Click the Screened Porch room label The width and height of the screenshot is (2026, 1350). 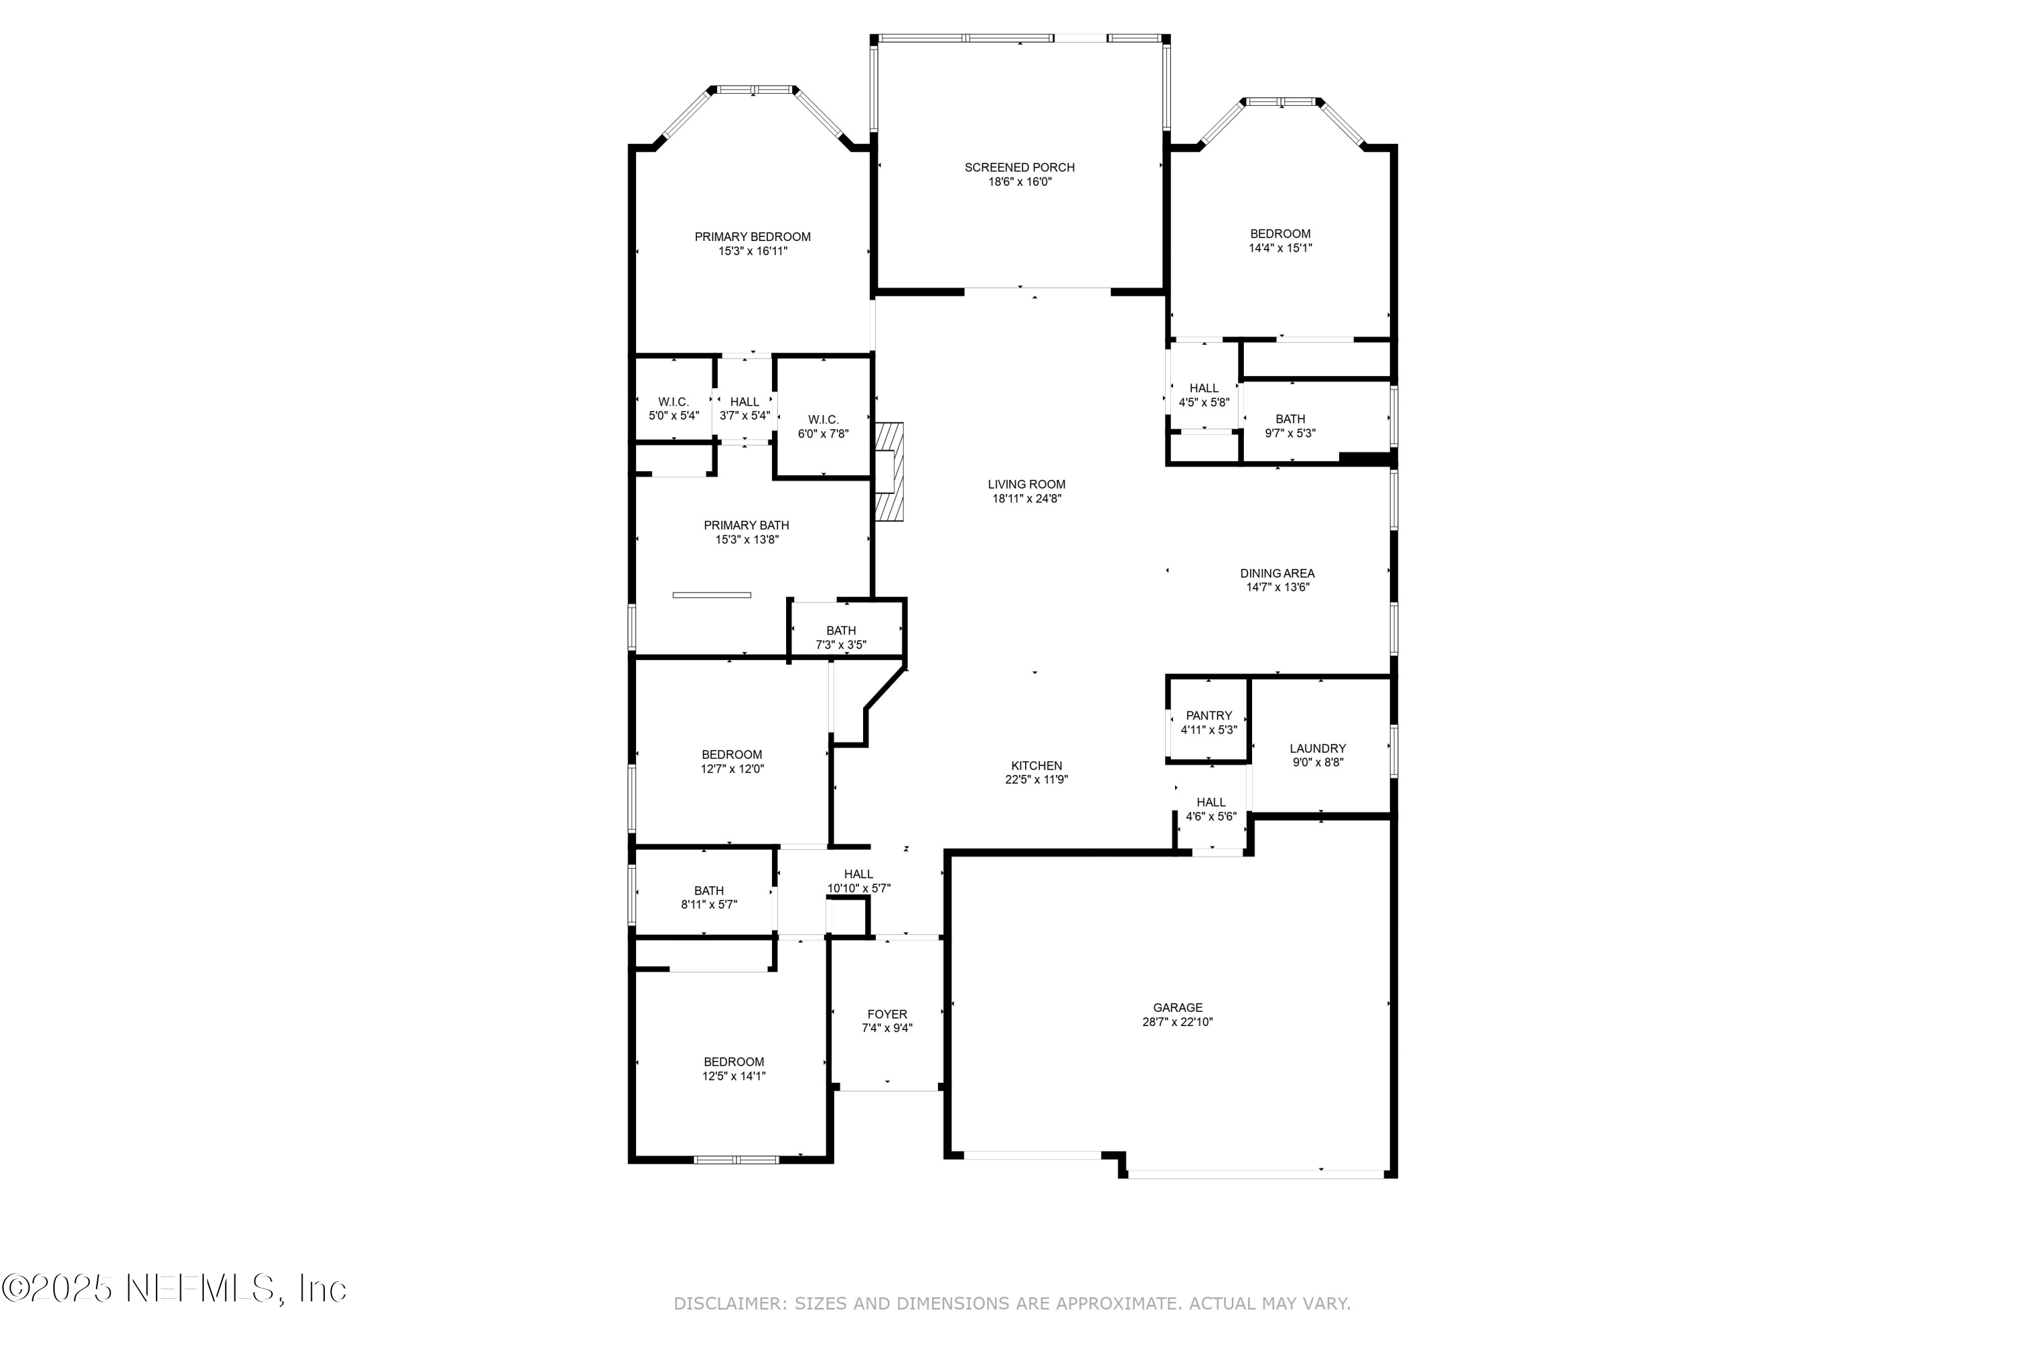1019,167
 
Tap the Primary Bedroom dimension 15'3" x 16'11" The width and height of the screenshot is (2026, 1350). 752,251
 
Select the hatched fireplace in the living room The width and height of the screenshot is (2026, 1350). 889,471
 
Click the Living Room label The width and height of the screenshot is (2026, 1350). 1026,484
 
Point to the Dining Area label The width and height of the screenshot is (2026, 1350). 1276,573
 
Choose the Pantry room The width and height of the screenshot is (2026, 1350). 1209,722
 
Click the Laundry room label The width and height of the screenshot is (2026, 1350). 1317,748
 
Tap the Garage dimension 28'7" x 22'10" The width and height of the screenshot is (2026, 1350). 1178,1022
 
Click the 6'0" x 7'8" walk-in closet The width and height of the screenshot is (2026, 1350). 823,426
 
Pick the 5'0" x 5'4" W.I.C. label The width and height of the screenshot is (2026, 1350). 673,402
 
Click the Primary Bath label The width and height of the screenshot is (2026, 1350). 746,525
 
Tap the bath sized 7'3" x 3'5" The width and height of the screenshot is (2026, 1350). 841,637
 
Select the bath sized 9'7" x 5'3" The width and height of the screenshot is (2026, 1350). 1289,426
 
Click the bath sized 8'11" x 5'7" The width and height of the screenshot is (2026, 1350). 708,897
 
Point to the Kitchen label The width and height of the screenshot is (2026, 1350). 1036,765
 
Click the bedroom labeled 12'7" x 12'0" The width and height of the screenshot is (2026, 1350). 731,761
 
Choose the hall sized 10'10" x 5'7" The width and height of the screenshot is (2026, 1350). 858,881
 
